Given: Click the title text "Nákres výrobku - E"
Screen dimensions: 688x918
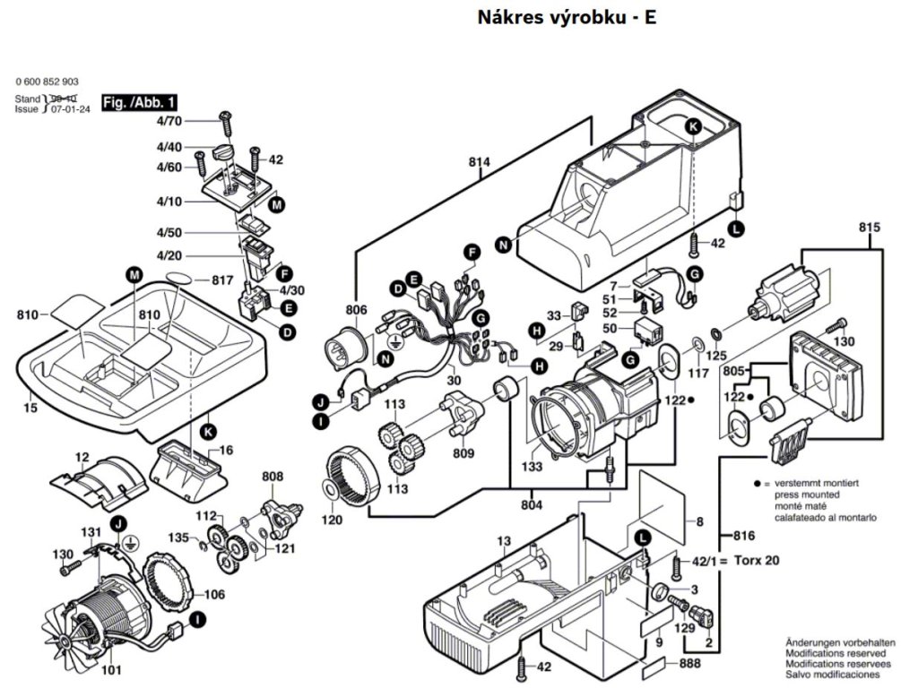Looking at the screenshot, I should click(x=567, y=17).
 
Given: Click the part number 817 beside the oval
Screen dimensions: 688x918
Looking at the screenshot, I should click(x=222, y=280).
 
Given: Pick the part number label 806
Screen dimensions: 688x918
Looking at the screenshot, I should click(x=357, y=310).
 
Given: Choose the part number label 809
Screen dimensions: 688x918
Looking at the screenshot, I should click(x=463, y=454).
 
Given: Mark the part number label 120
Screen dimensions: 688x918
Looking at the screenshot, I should click(x=331, y=520).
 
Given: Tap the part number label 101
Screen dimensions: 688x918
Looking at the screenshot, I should click(x=111, y=668).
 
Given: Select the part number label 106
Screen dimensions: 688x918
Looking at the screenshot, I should click(x=214, y=594).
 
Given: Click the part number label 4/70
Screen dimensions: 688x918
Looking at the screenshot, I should click(x=169, y=120).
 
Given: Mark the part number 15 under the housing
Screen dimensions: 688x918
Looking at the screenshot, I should click(x=30, y=408).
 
